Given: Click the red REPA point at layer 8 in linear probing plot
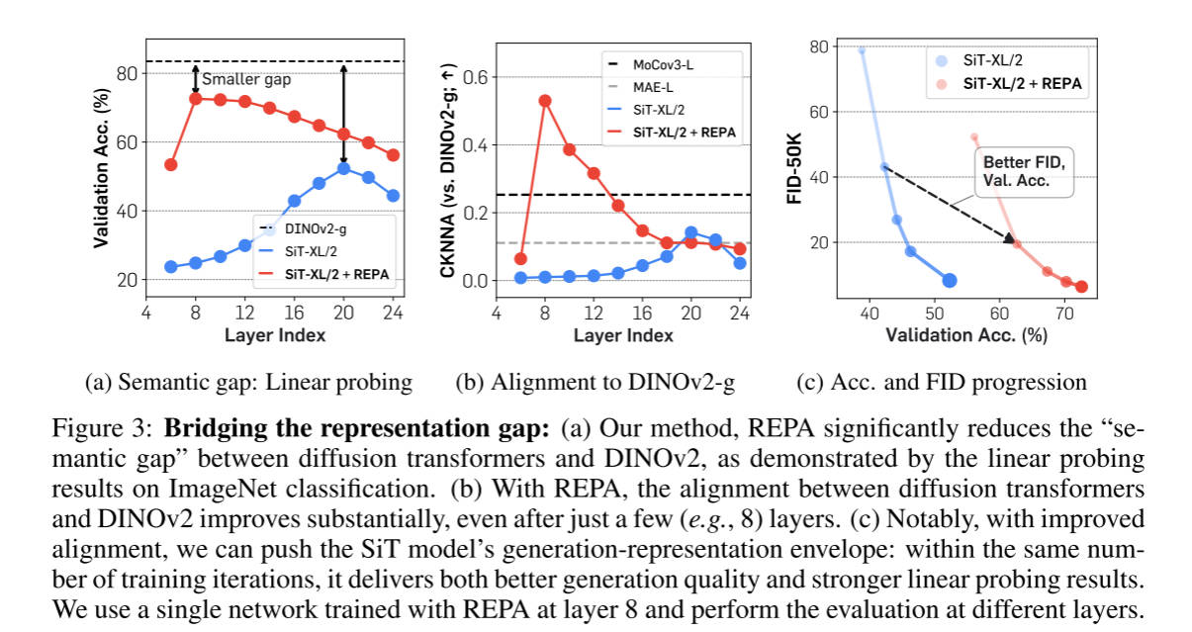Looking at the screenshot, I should click(196, 98).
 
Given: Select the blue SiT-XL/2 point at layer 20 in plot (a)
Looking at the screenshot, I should click(343, 168).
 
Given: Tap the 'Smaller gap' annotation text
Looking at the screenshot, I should click(245, 79).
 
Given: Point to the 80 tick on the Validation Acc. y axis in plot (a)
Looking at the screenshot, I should click(128, 74).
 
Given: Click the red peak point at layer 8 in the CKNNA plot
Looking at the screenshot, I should click(544, 100).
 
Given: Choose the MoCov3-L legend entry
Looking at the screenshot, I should click(669, 66).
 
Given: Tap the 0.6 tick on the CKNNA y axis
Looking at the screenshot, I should click(483, 77).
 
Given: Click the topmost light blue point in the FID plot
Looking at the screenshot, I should click(861, 49).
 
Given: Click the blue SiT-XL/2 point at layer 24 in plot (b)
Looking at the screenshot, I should click(739, 262).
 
